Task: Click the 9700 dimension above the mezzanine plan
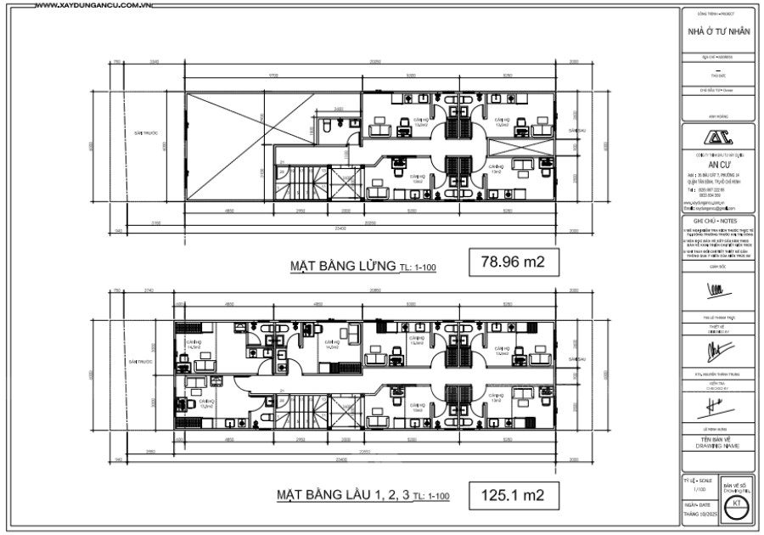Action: pyautogui.click(x=273, y=76)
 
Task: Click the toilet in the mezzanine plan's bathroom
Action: pyautogui.click(x=329, y=129)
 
